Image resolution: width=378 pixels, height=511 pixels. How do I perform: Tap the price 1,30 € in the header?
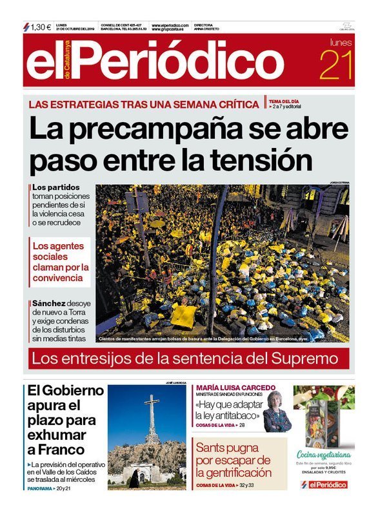pyautogui.click(x=40, y=27)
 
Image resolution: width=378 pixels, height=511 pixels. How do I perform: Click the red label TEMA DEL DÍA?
pyautogui.click(x=284, y=101)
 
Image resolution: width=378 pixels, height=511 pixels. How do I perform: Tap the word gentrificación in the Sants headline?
pyautogui.click(x=234, y=474)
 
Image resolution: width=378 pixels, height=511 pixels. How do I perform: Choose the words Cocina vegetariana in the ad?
pyautogui.click(x=323, y=454)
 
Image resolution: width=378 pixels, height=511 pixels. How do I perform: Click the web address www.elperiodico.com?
pyautogui.click(x=170, y=25)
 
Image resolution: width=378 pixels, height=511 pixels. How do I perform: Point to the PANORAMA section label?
pyautogui.click(x=40, y=488)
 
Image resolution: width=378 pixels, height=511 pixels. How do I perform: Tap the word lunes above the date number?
pyautogui.click(x=341, y=43)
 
